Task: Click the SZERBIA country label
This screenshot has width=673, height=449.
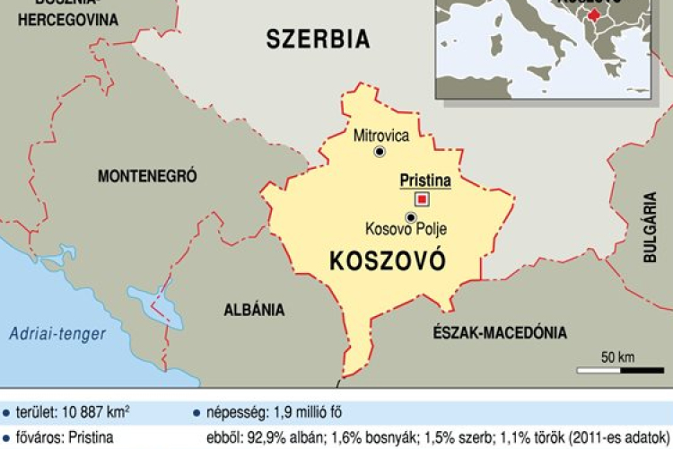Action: coord(318,39)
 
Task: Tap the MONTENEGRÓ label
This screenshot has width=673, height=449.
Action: coord(147,175)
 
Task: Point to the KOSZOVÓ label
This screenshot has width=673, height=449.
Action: coord(388,261)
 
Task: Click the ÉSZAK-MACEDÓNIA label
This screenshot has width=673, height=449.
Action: coord(499,332)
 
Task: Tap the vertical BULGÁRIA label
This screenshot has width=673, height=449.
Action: coord(651,227)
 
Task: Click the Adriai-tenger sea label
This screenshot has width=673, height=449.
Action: coord(57,334)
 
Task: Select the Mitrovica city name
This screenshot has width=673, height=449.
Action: coord(381,136)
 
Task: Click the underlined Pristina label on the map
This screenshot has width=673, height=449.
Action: coord(424,181)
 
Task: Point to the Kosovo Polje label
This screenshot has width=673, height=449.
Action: coord(407,231)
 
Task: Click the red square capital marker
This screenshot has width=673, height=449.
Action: coord(421,199)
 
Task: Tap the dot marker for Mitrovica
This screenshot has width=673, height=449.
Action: coord(379,153)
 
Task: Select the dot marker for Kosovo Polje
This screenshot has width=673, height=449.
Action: coord(410,216)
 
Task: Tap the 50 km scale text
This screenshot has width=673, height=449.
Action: coord(618,357)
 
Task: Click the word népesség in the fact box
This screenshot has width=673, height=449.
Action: coord(232,413)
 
